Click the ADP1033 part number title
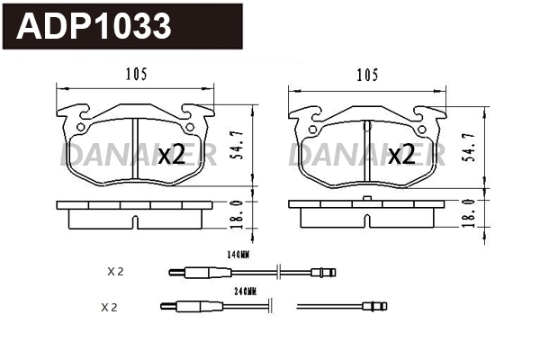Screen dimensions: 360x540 tap(94, 26)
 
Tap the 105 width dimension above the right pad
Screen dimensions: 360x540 tap(366, 75)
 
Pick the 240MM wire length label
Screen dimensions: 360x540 tap(246, 292)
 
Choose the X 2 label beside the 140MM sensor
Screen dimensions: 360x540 tap(114, 270)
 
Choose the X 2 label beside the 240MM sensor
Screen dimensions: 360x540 tap(109, 307)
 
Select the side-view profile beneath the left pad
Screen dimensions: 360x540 tap(134, 214)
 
